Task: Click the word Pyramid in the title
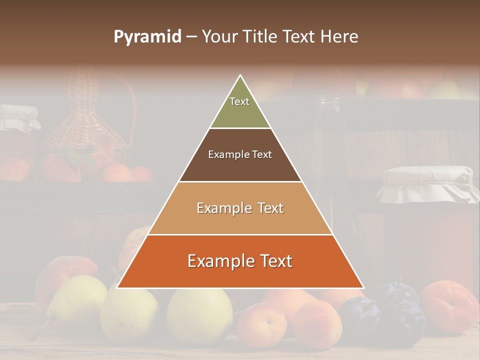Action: [x=147, y=37]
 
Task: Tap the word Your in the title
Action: [x=219, y=37]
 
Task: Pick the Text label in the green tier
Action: [x=239, y=101]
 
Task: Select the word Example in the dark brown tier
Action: [x=224, y=154]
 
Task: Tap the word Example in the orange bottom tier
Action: [x=218, y=261]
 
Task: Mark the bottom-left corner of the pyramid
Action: [x=117, y=288]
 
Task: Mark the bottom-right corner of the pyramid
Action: [x=363, y=288]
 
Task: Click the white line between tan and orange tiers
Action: [x=240, y=234]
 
